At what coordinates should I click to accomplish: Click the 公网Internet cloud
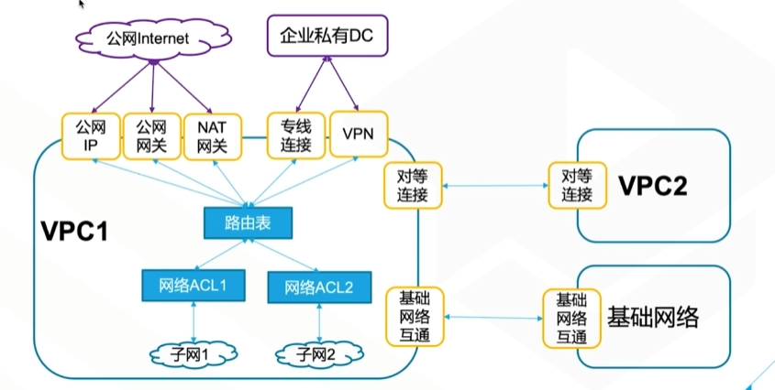[x=153, y=38]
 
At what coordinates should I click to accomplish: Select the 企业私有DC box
[x=327, y=36]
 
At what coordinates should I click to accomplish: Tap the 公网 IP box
[x=91, y=136]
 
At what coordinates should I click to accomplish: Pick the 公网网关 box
[x=151, y=136]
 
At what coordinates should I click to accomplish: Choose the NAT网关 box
[x=213, y=136]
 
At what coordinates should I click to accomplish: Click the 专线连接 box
[x=296, y=135]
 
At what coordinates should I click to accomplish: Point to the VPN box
[x=359, y=135]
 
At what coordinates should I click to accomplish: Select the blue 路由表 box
[x=248, y=223]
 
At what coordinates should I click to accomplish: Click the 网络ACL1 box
[x=194, y=286]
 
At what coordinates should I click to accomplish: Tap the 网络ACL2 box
[x=319, y=287]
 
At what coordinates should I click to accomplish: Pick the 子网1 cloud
[x=194, y=353]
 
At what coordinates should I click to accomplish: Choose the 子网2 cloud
[x=319, y=354]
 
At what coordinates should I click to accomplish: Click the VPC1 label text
[x=74, y=231]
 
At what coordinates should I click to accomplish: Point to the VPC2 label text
[x=653, y=186]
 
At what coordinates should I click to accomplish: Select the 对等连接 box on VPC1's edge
[x=413, y=186]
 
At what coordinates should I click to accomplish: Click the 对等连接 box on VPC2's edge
[x=577, y=185]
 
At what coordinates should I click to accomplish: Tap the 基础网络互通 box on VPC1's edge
[x=415, y=317]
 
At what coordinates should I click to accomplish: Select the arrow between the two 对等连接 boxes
[x=495, y=186]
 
